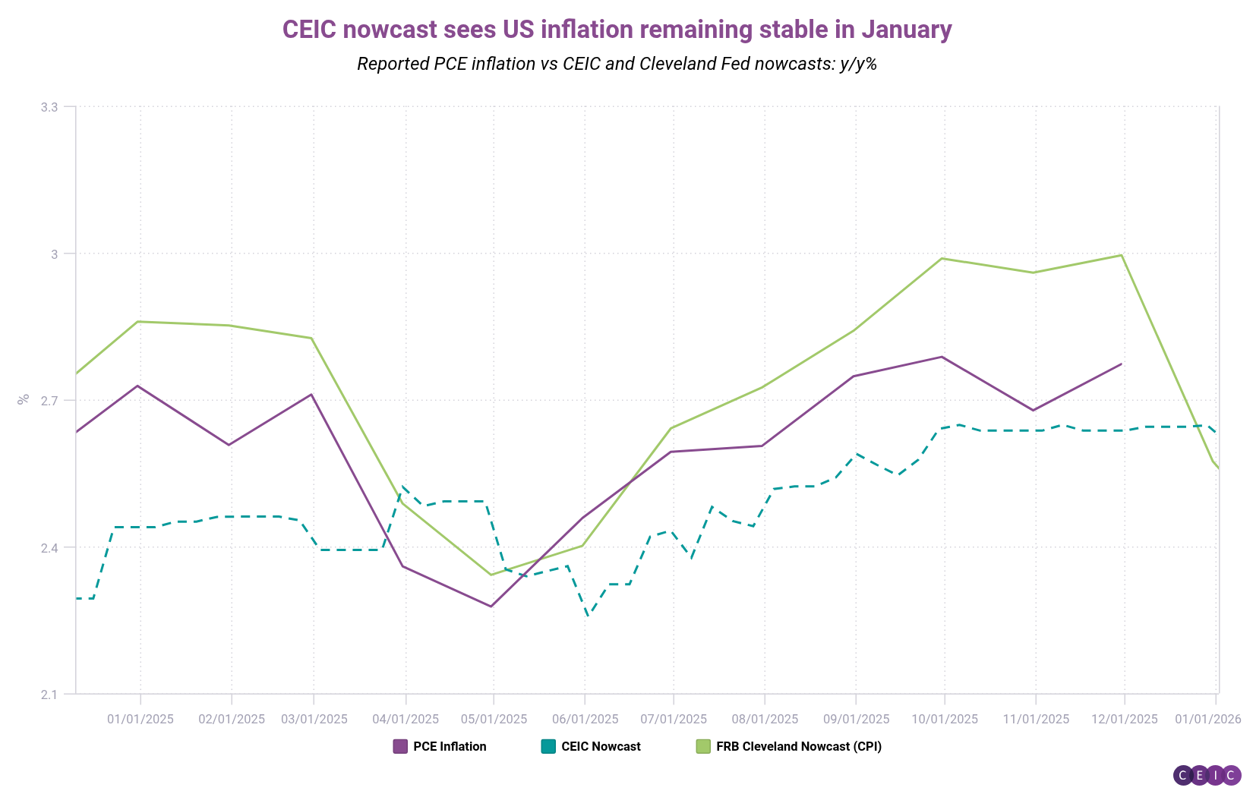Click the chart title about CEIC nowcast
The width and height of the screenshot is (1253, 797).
[x=617, y=30]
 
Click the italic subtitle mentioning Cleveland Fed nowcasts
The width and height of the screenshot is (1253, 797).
[x=617, y=64]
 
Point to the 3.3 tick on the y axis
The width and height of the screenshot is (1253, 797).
[x=49, y=107]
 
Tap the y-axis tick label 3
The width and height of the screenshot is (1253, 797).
[x=54, y=254]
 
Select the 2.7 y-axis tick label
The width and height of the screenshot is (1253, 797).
[x=49, y=401]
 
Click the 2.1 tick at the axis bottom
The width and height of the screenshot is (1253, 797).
[x=49, y=694]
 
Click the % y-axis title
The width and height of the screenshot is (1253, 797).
[x=24, y=398]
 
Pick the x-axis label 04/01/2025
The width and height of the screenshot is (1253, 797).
[x=406, y=719]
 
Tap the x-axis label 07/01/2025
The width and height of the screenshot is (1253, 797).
[x=673, y=719]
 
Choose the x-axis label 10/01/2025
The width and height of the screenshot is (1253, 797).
[x=945, y=719]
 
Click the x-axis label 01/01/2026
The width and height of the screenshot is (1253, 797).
[x=1207, y=719]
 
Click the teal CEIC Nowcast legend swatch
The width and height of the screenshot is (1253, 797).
[x=548, y=746]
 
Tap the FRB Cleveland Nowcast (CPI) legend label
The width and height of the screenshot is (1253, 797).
[x=799, y=746]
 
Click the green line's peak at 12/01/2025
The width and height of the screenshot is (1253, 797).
[x=1122, y=255]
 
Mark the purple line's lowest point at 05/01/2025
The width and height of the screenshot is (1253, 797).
[x=491, y=606]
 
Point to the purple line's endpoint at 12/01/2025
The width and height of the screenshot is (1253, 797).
[x=1122, y=364]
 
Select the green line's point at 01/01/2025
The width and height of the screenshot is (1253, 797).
[x=138, y=322]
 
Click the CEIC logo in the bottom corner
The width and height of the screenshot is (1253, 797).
[x=1207, y=775]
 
